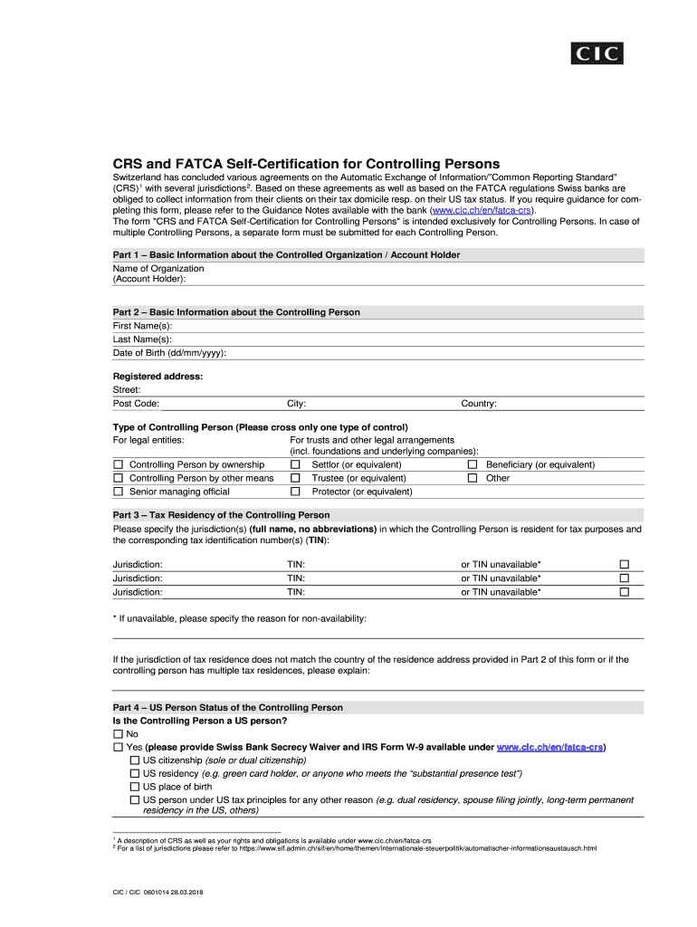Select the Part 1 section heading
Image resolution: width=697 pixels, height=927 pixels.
[286, 255]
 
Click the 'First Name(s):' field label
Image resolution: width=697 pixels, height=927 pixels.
[142, 326]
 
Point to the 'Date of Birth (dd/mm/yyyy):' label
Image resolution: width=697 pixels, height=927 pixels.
[169, 353]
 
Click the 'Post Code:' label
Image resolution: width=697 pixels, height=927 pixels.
[136, 404]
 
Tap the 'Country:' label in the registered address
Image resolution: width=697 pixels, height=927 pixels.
[479, 404]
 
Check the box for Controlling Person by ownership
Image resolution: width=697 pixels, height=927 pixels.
[118, 464]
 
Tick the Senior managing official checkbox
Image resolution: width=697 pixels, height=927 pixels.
[118, 492]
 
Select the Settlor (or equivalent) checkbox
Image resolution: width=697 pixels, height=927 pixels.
[295, 464]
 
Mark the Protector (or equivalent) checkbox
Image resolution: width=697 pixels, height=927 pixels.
[295, 492]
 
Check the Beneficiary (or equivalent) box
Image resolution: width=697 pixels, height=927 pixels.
[472, 464]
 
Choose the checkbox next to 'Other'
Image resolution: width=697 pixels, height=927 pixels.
[472, 478]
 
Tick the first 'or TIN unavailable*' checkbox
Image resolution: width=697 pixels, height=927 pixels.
[624, 564]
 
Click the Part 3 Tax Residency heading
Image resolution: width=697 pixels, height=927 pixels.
[221, 515]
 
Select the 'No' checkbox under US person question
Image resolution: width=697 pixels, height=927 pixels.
[118, 734]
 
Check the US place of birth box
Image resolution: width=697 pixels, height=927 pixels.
[135, 787]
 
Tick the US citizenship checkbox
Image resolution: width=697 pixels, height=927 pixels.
[135, 760]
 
